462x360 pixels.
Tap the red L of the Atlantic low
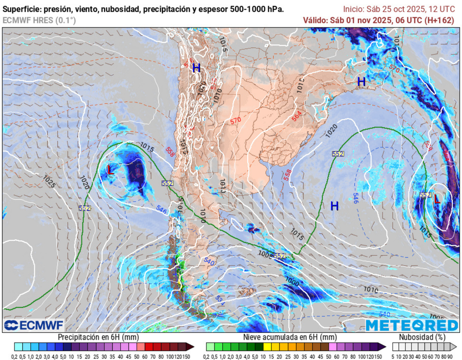(436, 199)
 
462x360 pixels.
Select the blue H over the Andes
(196, 68)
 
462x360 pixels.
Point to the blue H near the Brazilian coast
(361, 82)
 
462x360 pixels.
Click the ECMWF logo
(34, 325)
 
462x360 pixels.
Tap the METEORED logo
(411, 325)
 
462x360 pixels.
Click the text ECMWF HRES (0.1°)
(39, 20)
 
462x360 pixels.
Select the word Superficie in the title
(22, 9)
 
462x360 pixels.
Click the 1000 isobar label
(292, 282)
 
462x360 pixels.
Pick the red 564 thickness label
(296, 115)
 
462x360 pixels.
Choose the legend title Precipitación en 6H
(98, 337)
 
